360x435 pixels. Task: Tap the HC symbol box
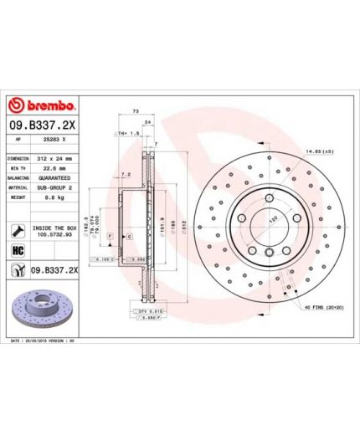pos(18,250)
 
